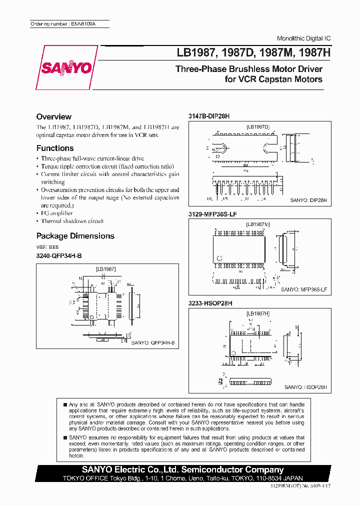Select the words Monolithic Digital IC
303,38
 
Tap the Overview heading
54,116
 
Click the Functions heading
55,148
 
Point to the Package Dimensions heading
75,236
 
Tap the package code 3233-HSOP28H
210,303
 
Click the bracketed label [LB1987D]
257,127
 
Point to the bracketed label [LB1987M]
257,224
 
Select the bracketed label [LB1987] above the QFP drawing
105,268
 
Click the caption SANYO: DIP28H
308,200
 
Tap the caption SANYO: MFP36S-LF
304,289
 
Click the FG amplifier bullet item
56,213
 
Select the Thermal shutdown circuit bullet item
72,221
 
